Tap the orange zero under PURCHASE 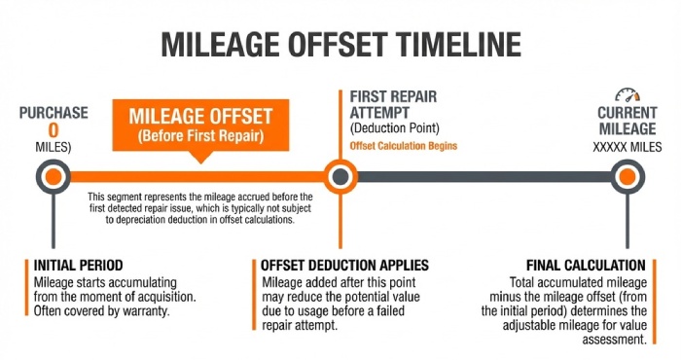pos(54,129)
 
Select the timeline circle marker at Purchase pos(54,176)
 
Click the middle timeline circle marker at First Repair pos(339,176)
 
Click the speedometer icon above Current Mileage pos(627,97)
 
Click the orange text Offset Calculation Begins pos(403,146)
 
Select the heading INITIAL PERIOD pos(77,266)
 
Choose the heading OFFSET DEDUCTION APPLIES pos(345,266)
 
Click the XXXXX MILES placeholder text pos(627,146)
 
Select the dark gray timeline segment pos(482,176)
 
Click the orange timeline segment pos(195,176)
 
